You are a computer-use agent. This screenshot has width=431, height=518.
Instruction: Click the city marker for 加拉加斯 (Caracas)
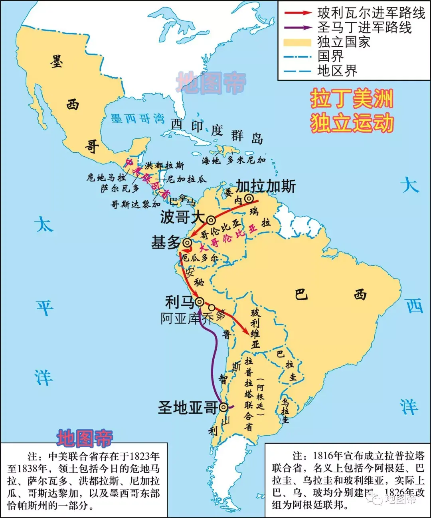[x=249, y=198]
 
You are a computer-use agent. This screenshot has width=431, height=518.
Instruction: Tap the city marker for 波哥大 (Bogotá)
[x=211, y=220]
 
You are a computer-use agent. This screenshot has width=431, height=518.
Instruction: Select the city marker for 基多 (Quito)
[x=187, y=243]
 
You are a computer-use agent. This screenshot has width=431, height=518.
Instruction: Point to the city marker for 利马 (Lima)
[x=199, y=302]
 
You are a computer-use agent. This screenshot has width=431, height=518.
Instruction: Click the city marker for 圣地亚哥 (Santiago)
[x=223, y=407]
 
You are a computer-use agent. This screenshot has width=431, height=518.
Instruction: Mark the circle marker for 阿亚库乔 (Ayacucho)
[x=212, y=308]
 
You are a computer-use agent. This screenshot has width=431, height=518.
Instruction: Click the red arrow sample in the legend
[x=297, y=13]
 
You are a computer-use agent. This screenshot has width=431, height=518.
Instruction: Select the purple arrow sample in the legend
[x=297, y=28]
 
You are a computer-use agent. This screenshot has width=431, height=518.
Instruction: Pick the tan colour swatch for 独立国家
[x=297, y=42]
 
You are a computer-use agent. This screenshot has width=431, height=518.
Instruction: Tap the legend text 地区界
[x=337, y=71]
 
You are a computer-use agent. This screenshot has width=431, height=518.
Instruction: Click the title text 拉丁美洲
[x=352, y=99]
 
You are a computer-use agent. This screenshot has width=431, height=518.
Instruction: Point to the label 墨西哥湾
[x=137, y=118]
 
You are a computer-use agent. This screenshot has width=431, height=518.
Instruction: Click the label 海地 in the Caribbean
[x=211, y=161]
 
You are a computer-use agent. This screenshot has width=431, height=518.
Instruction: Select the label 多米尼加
[x=246, y=160]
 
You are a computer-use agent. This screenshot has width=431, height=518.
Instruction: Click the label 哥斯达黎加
[x=135, y=205]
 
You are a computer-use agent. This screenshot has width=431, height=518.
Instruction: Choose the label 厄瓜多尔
[x=200, y=258]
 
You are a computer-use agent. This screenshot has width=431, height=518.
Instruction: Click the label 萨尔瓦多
[x=120, y=188]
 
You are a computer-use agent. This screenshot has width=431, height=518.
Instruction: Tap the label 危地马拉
[x=106, y=177]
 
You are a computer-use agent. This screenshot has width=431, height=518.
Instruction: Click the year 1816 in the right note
[x=324, y=456]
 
